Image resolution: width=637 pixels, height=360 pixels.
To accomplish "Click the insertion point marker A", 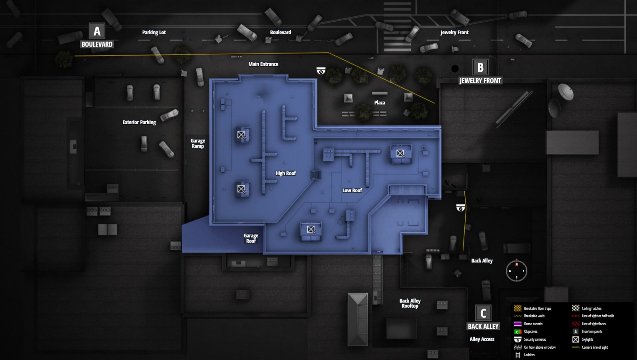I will [x=97, y=31].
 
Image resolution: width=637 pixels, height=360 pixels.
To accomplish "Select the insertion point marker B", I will [x=480, y=67].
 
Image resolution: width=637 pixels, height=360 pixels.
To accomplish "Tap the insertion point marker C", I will [x=483, y=313].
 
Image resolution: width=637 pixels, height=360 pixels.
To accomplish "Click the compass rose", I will [x=516, y=271].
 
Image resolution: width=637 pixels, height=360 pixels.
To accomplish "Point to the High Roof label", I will [x=285, y=174].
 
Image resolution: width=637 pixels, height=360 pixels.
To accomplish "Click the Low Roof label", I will [x=352, y=191].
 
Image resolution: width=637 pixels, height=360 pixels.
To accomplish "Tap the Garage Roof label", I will [x=251, y=238].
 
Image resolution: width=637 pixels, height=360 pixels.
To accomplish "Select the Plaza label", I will [x=380, y=103].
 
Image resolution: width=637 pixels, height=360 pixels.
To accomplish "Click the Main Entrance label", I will [x=263, y=64].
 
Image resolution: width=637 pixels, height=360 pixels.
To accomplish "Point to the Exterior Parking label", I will [x=139, y=123].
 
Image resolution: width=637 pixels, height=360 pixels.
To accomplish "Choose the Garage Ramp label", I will [x=198, y=143].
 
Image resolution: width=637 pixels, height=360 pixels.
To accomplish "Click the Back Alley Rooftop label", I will [x=410, y=303].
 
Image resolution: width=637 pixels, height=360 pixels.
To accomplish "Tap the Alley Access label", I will [x=482, y=340].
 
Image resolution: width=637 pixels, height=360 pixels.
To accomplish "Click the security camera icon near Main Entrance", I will [x=321, y=71].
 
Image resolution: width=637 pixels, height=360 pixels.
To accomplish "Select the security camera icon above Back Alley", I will [x=460, y=208].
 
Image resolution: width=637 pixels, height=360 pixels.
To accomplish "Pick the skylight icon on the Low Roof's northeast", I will [x=400, y=153].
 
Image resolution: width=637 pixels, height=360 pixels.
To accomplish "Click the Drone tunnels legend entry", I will [x=533, y=324].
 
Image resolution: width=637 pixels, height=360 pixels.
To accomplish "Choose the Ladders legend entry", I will [x=529, y=355].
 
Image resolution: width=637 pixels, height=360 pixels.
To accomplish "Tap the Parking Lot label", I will [x=154, y=33].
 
